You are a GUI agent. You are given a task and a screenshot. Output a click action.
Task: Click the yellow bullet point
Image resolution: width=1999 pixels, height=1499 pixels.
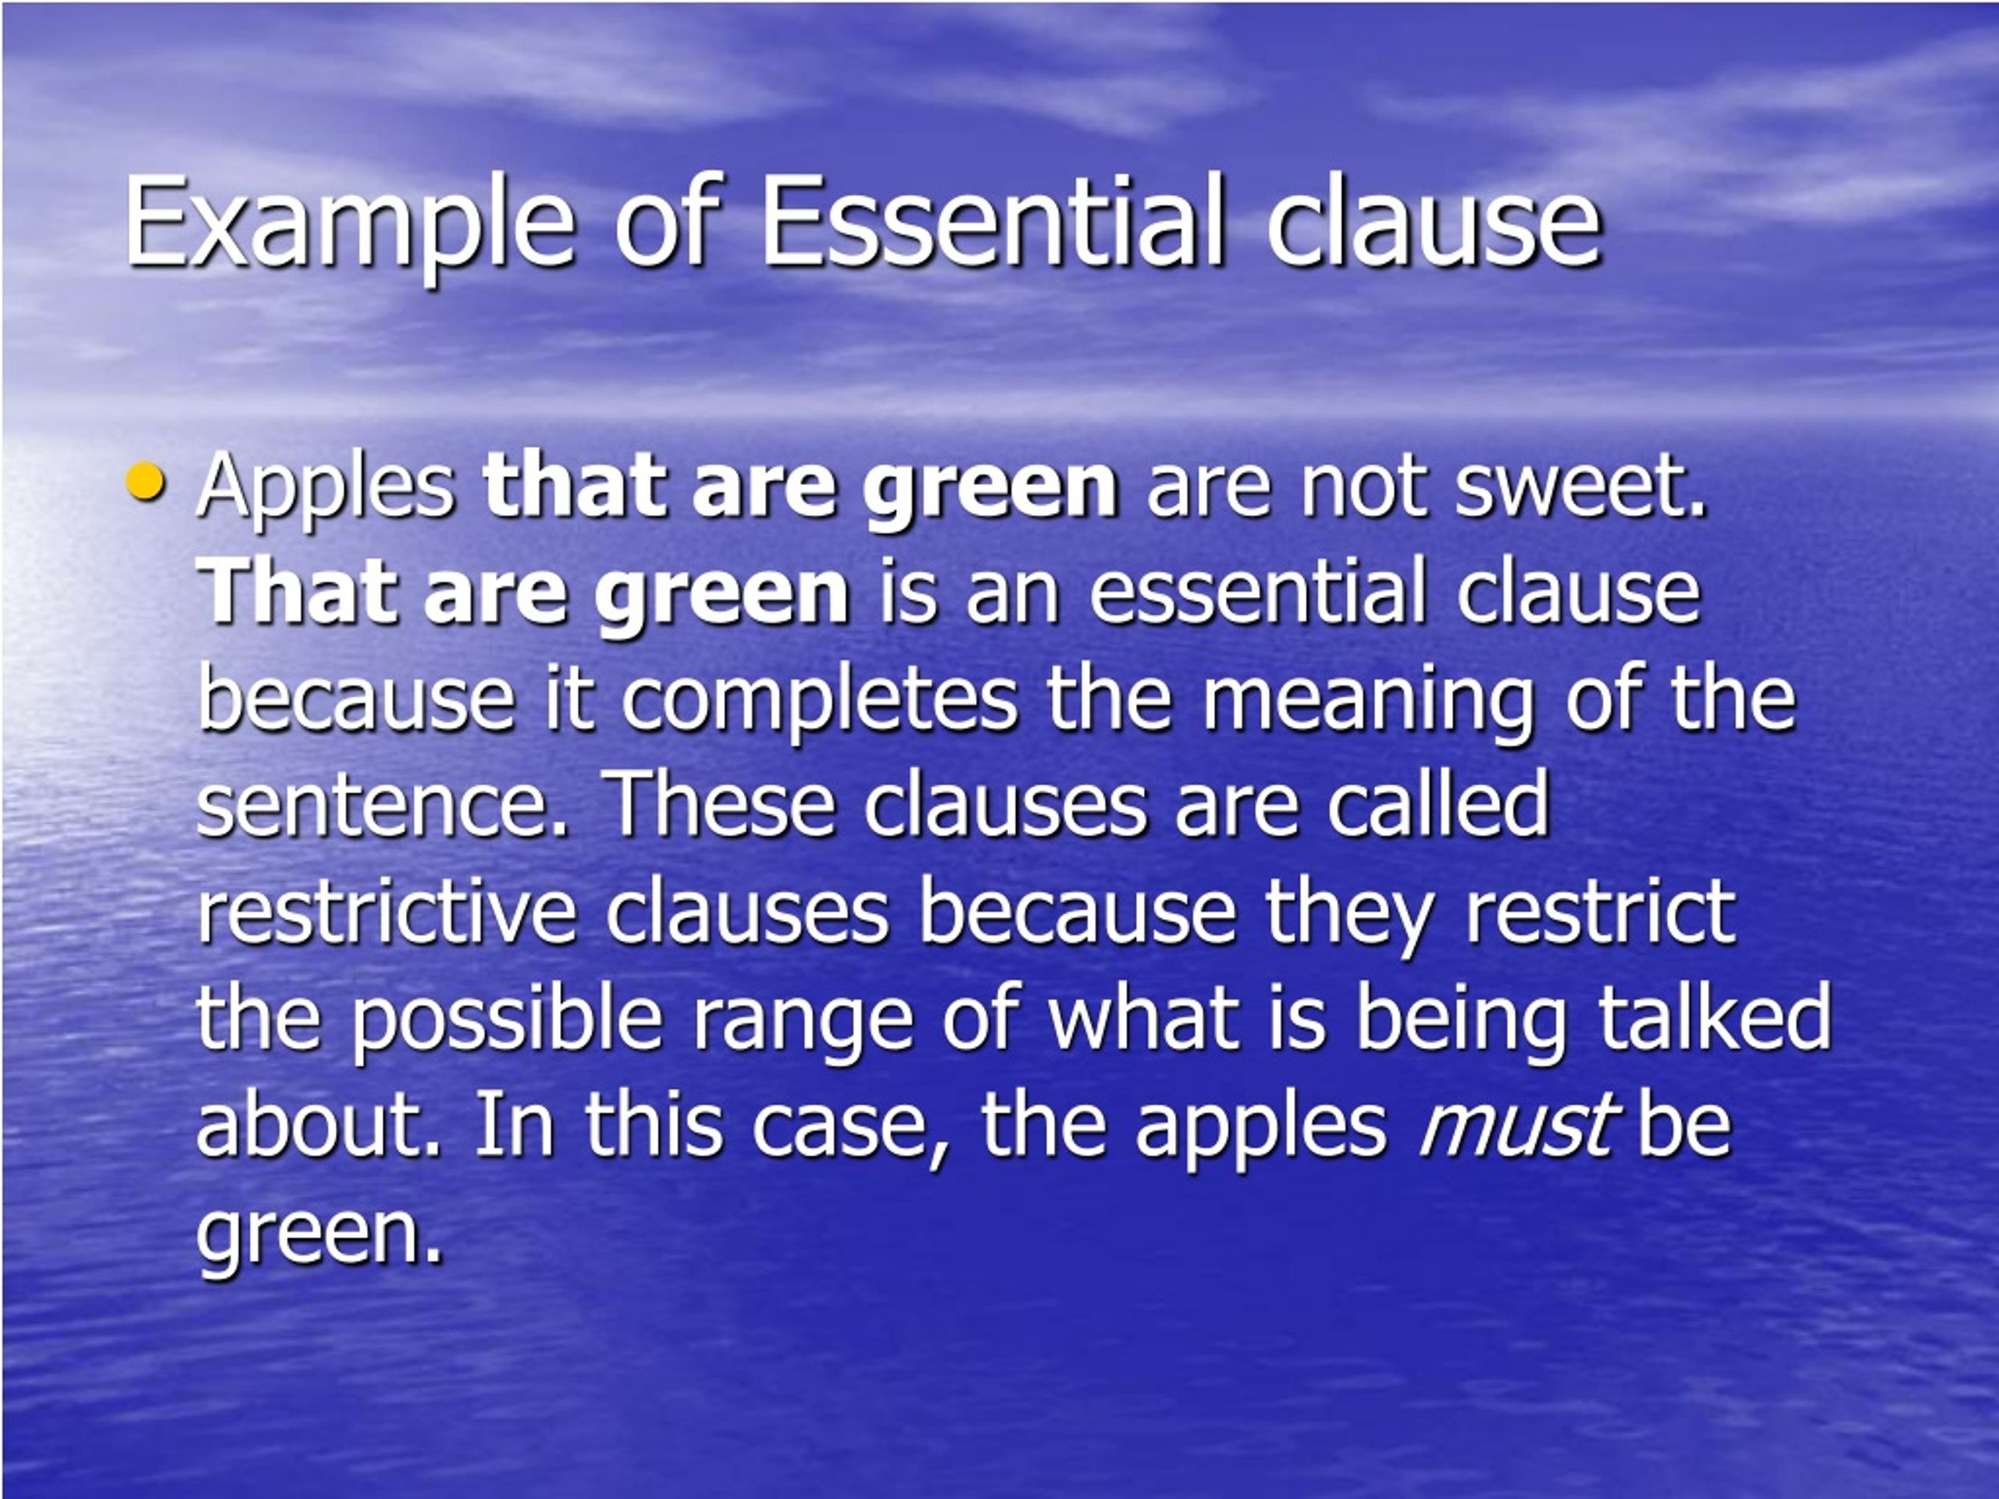pyautogui.click(x=145, y=482)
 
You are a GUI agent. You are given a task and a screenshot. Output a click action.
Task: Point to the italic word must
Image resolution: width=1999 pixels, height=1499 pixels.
pyautogui.click(x=1515, y=1126)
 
